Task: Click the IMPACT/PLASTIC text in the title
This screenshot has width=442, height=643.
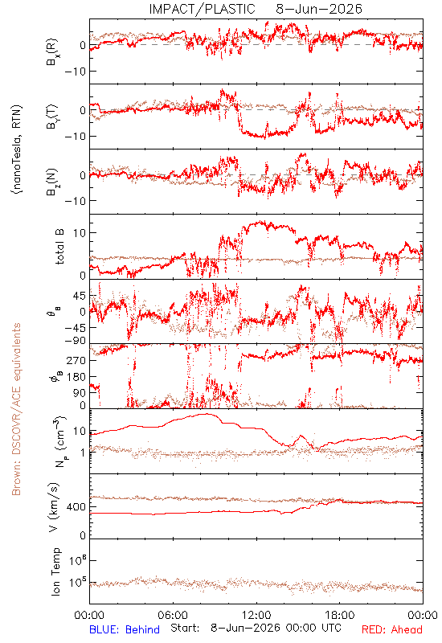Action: [203, 9]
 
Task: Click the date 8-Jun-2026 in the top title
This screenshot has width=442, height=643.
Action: [319, 9]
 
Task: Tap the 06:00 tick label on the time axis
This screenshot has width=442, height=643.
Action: [173, 615]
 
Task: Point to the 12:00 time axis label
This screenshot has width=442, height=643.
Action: [256, 615]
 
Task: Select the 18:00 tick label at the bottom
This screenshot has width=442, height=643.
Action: [340, 615]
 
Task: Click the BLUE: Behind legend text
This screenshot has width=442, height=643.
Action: [125, 629]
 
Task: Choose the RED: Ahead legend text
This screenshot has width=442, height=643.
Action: [392, 629]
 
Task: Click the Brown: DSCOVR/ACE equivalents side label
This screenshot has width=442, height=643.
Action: [16, 409]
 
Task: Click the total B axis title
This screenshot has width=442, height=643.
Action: [59, 247]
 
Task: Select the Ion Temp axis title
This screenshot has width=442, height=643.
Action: [55, 571]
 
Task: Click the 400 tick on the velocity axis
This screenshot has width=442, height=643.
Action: [76, 507]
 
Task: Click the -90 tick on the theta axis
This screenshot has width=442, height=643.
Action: [75, 341]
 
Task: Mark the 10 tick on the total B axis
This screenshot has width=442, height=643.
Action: [79, 233]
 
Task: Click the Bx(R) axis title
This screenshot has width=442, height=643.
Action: [53, 51]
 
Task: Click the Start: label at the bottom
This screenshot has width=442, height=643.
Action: [185, 629]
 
